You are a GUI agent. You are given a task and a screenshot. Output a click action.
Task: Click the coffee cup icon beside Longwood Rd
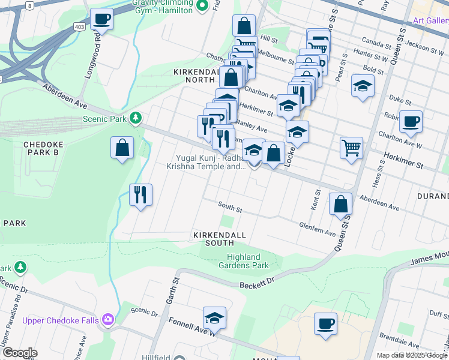(x=101, y=19)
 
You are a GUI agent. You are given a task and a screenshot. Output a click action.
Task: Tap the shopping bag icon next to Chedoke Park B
(x=122, y=148)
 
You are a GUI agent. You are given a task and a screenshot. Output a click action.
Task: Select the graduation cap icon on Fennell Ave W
(x=214, y=317)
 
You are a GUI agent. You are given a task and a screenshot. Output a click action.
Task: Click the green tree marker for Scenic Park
(x=137, y=118)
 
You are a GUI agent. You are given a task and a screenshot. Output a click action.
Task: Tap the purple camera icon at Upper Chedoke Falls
(x=108, y=320)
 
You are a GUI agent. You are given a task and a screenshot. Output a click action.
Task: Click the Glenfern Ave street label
(x=318, y=228)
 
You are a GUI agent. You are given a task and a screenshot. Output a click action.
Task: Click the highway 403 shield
(x=79, y=27)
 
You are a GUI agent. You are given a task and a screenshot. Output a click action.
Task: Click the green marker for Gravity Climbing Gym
(x=202, y=6)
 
